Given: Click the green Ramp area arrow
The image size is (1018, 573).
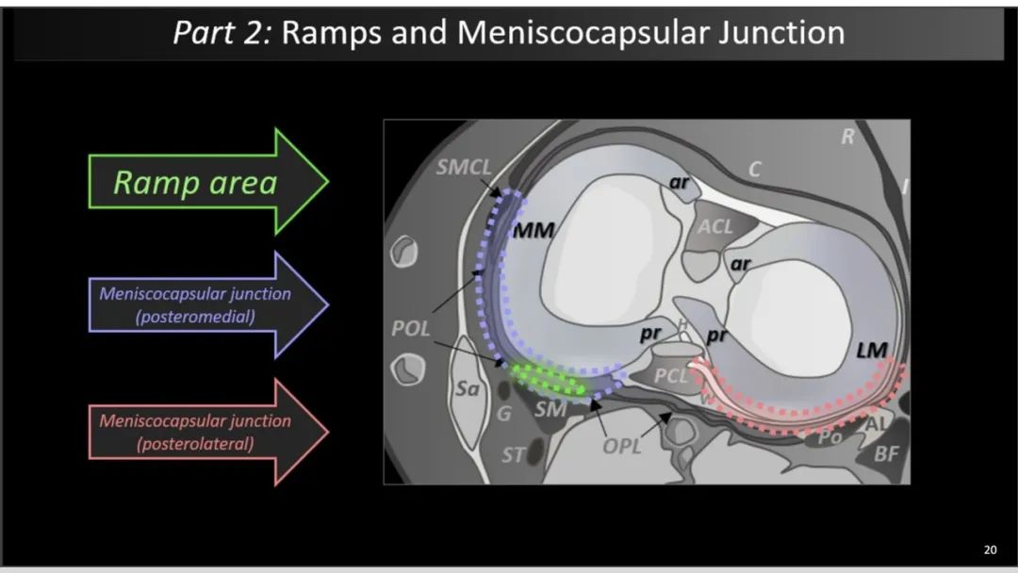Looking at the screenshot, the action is pos(207,182).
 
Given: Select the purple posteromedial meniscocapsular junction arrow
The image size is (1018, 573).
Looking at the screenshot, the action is pos(207,304).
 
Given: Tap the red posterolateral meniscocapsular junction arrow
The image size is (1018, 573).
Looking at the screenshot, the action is pos(207,433).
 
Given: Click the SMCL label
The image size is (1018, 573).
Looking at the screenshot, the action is pos(464,168).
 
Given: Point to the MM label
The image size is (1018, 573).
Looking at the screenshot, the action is pos(534,230).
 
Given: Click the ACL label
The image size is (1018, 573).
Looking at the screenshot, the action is pos(714,226).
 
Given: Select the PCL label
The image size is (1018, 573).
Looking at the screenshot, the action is pos(670,376).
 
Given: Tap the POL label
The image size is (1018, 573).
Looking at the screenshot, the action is pos(410,328).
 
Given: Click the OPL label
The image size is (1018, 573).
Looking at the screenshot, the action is pos(621,447).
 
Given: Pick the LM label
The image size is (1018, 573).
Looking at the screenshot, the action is pos(871,351).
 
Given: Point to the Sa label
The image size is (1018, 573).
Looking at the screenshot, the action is pos(467,388).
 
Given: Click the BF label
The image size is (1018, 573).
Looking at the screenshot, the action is pos(886,453).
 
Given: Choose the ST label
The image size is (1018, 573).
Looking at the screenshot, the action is pos(512,455).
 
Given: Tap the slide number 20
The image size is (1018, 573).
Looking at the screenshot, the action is pos(990,549).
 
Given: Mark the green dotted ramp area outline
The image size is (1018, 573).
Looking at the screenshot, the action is pos(548,380).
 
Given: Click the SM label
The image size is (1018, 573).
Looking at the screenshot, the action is pos(550,409).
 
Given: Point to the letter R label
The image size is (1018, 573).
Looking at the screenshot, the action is pos(847,137).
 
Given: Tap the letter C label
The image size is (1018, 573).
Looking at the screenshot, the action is pos(754,170).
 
